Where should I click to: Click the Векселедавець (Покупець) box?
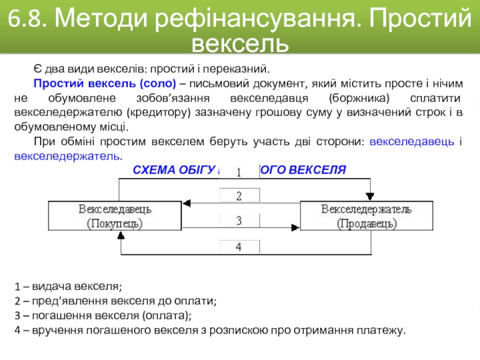pyautogui.click(x=115, y=217)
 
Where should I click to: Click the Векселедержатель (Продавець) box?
pyautogui.click(x=366, y=217)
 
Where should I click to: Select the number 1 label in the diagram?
pyautogui.click(x=239, y=173)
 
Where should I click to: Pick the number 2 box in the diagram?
pyautogui.click(x=239, y=196)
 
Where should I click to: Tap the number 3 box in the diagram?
pyautogui.click(x=239, y=221)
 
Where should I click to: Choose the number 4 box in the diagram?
pyautogui.click(x=239, y=247)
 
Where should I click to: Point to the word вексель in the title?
pyautogui.click(x=240, y=44)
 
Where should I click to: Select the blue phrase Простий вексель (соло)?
pyautogui.click(x=104, y=83)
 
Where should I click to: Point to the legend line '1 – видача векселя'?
pyautogui.click(x=68, y=286)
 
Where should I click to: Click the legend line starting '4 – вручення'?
pyautogui.click(x=210, y=331)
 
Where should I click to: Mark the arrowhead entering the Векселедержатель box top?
pyautogui.click(x=369, y=196)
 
